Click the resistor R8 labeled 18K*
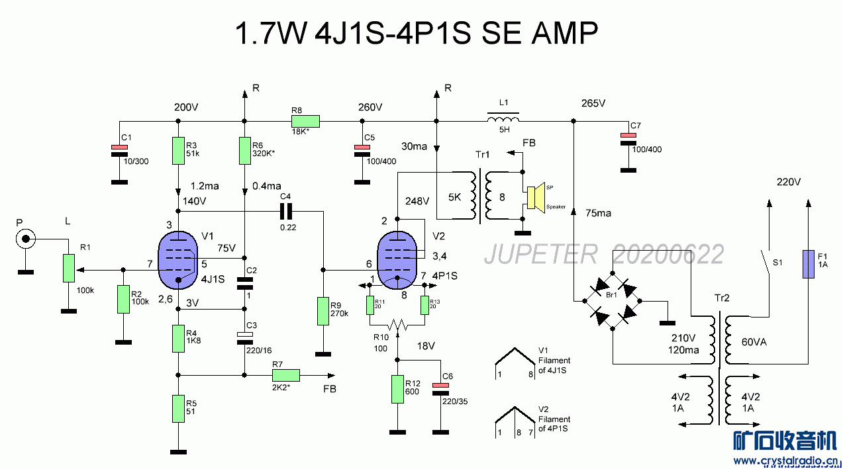coord(305,121)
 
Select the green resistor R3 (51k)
coord(177,151)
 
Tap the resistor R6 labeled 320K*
coord(245,151)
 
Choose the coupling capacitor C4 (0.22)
coord(286,212)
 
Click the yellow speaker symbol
coord(535,196)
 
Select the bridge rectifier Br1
coord(613,301)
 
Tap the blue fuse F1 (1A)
coord(808,263)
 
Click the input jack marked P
coord(26,239)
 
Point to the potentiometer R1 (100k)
coord(68,268)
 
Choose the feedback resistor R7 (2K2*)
coord(286,375)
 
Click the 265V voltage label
coord(593,104)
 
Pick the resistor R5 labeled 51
coord(177,409)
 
